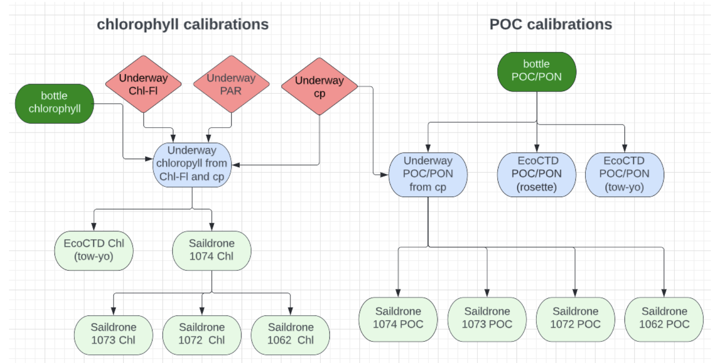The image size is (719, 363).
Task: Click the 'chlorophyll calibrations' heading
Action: click(x=183, y=24)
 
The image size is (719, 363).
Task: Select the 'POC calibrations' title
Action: click(x=550, y=24)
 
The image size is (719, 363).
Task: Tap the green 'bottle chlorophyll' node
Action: click(x=54, y=103)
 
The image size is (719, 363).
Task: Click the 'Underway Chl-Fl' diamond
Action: click(x=143, y=84)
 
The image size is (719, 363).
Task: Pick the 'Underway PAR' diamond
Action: click(x=231, y=84)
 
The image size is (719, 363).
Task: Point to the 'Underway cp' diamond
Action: click(x=319, y=86)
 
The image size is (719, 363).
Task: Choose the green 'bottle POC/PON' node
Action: click(x=536, y=71)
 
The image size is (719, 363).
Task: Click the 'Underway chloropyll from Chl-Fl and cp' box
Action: click(x=192, y=164)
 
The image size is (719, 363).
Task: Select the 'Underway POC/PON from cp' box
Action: click(x=428, y=174)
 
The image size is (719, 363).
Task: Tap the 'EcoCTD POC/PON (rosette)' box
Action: click(x=536, y=174)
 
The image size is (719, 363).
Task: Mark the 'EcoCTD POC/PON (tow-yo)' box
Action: click(x=624, y=174)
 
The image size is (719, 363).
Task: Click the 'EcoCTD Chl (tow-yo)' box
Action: click(x=94, y=250)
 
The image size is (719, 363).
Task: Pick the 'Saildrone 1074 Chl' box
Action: click(x=211, y=250)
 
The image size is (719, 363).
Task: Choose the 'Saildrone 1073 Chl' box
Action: click(x=113, y=334)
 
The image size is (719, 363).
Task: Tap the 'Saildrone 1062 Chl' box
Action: click(x=290, y=334)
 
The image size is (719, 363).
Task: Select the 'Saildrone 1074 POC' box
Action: click(x=398, y=318)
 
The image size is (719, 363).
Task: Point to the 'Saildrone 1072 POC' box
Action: click(x=575, y=318)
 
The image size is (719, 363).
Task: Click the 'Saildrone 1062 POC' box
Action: click(x=664, y=318)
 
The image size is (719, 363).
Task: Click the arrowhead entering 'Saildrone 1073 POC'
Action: click(x=487, y=293)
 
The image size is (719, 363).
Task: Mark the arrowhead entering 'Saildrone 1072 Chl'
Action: click(x=202, y=311)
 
